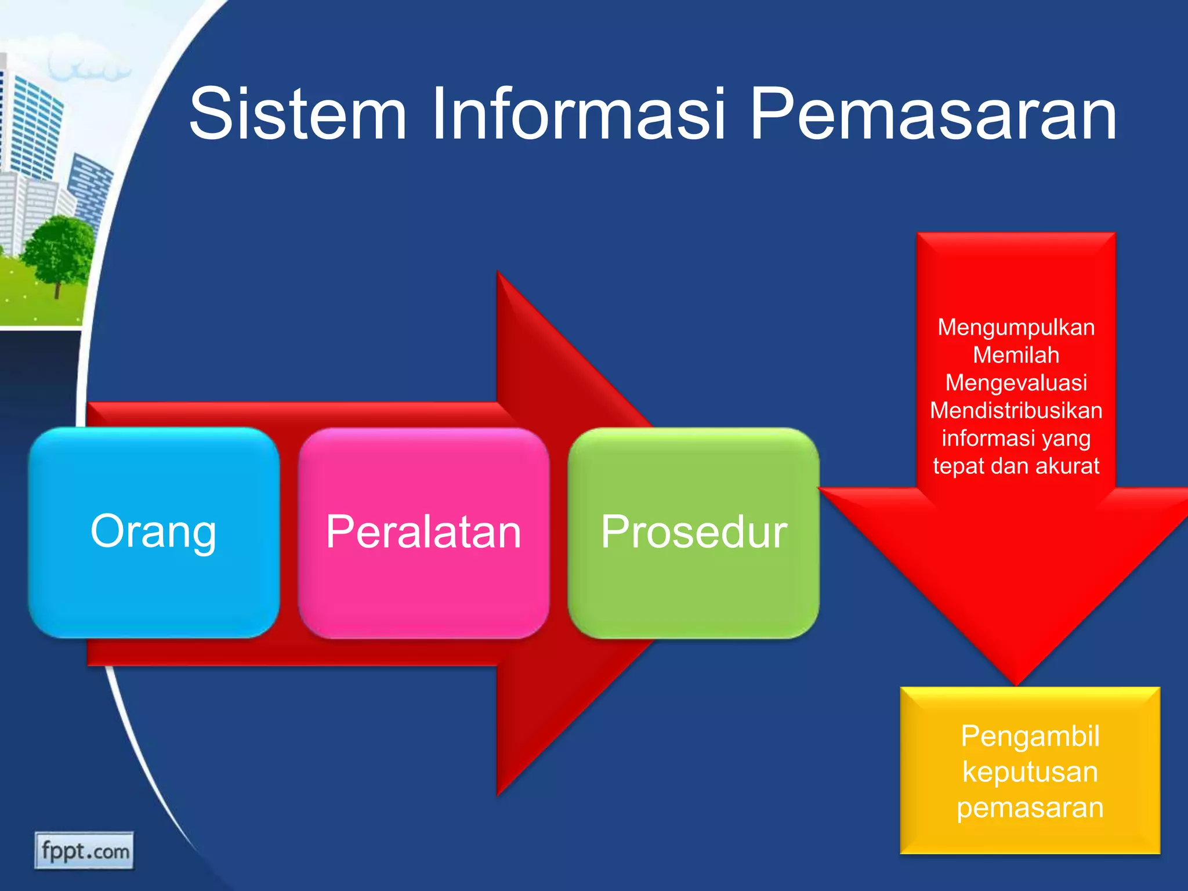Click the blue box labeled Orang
tap(154, 533)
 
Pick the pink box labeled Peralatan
tap(423, 533)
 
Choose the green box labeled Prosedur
tap(693, 533)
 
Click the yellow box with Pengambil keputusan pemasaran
tap(1030, 770)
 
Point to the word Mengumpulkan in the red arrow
tap(1016, 328)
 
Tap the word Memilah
tap(1016, 355)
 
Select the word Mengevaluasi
tap(1016, 383)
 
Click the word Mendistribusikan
tap(1016, 411)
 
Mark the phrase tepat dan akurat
tap(1016, 466)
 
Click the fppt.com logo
tap(84, 851)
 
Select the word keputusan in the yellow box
tap(1030, 772)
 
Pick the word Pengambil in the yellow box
tap(1030, 736)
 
